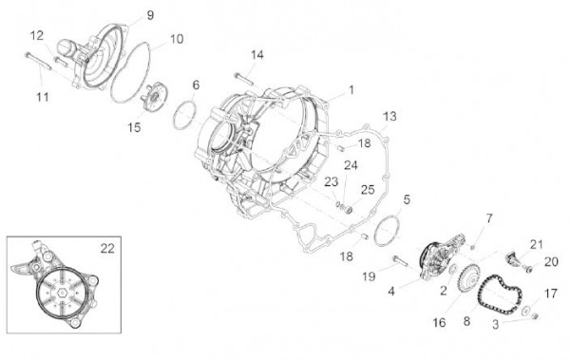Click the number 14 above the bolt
[257, 53]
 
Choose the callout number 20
[550, 262]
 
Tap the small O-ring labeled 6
[183, 117]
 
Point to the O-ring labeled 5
[388, 231]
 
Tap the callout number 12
[36, 35]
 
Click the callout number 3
[495, 324]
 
